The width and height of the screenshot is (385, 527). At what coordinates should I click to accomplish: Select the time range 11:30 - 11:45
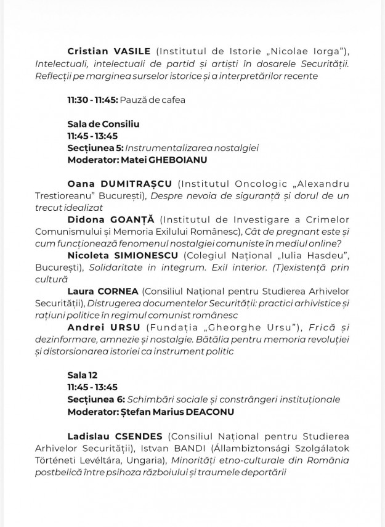(92, 99)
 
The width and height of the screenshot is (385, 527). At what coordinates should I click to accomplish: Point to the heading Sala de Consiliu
(103, 124)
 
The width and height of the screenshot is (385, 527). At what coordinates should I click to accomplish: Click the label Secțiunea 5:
(95, 148)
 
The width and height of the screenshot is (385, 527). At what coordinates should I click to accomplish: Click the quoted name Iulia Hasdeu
(312, 256)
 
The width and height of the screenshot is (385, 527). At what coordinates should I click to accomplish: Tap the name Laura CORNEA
(103, 291)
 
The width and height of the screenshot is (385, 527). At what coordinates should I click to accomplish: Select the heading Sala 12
(83, 375)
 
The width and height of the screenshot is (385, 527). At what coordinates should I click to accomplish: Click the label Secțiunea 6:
(95, 399)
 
